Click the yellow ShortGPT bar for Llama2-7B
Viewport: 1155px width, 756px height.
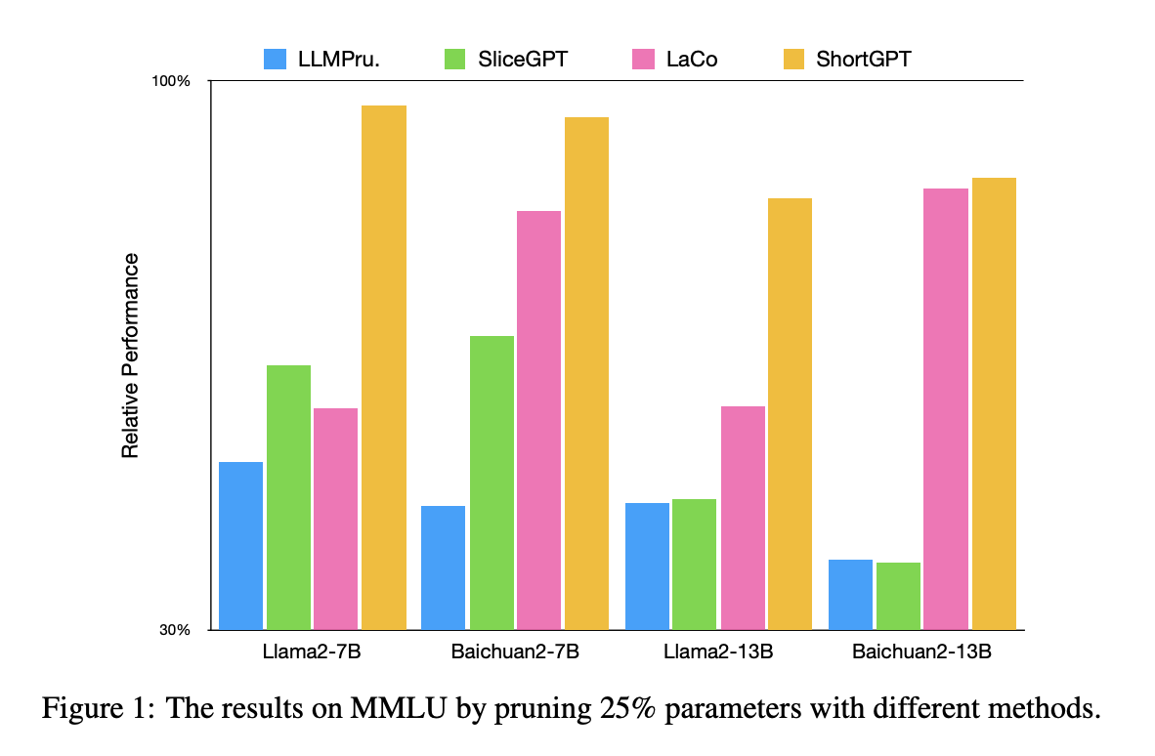(384, 366)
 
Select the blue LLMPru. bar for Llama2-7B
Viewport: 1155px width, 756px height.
(240, 545)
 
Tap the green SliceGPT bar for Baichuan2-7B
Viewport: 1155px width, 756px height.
(492, 483)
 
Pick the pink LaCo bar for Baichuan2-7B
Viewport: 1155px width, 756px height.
(539, 420)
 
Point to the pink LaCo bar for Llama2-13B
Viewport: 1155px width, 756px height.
(743, 518)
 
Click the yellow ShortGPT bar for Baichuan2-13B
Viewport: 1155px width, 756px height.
(994, 403)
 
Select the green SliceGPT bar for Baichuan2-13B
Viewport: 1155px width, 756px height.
(898, 596)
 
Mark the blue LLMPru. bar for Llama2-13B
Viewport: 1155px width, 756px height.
(647, 566)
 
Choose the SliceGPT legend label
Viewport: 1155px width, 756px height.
(522, 59)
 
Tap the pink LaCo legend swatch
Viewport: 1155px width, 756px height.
(644, 59)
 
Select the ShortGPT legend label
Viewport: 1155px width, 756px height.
(864, 59)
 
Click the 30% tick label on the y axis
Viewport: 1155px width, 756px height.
(174, 630)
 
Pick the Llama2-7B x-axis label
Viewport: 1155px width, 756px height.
(312, 652)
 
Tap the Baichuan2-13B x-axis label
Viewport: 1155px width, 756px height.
(921, 652)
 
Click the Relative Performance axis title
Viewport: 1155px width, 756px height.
(130, 356)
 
